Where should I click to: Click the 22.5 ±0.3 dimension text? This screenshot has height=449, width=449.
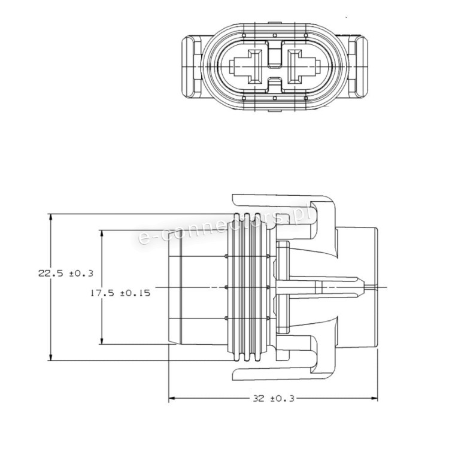click(x=66, y=274)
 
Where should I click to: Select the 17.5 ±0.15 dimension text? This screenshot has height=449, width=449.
click(x=120, y=293)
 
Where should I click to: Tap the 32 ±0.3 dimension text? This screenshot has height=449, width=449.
click(x=274, y=399)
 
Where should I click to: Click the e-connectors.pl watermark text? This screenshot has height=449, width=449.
click(x=224, y=226)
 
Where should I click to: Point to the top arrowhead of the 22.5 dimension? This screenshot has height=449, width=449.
click(x=51, y=217)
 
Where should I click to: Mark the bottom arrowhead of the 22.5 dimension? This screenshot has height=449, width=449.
click(x=51, y=357)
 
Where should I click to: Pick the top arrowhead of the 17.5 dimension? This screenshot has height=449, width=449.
click(x=101, y=233)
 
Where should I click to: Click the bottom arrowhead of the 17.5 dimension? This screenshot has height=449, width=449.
click(x=101, y=341)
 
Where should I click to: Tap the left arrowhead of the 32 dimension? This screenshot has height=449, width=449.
click(x=172, y=398)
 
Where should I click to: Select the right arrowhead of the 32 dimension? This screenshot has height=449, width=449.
click(x=374, y=398)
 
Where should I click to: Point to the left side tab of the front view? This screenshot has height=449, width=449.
click(x=192, y=67)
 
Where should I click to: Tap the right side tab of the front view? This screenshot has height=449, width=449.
click(x=358, y=67)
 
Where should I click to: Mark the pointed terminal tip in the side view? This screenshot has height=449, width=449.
click(x=362, y=287)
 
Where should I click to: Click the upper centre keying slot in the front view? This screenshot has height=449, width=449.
click(x=275, y=54)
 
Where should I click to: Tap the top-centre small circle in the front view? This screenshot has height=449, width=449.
click(x=275, y=35)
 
